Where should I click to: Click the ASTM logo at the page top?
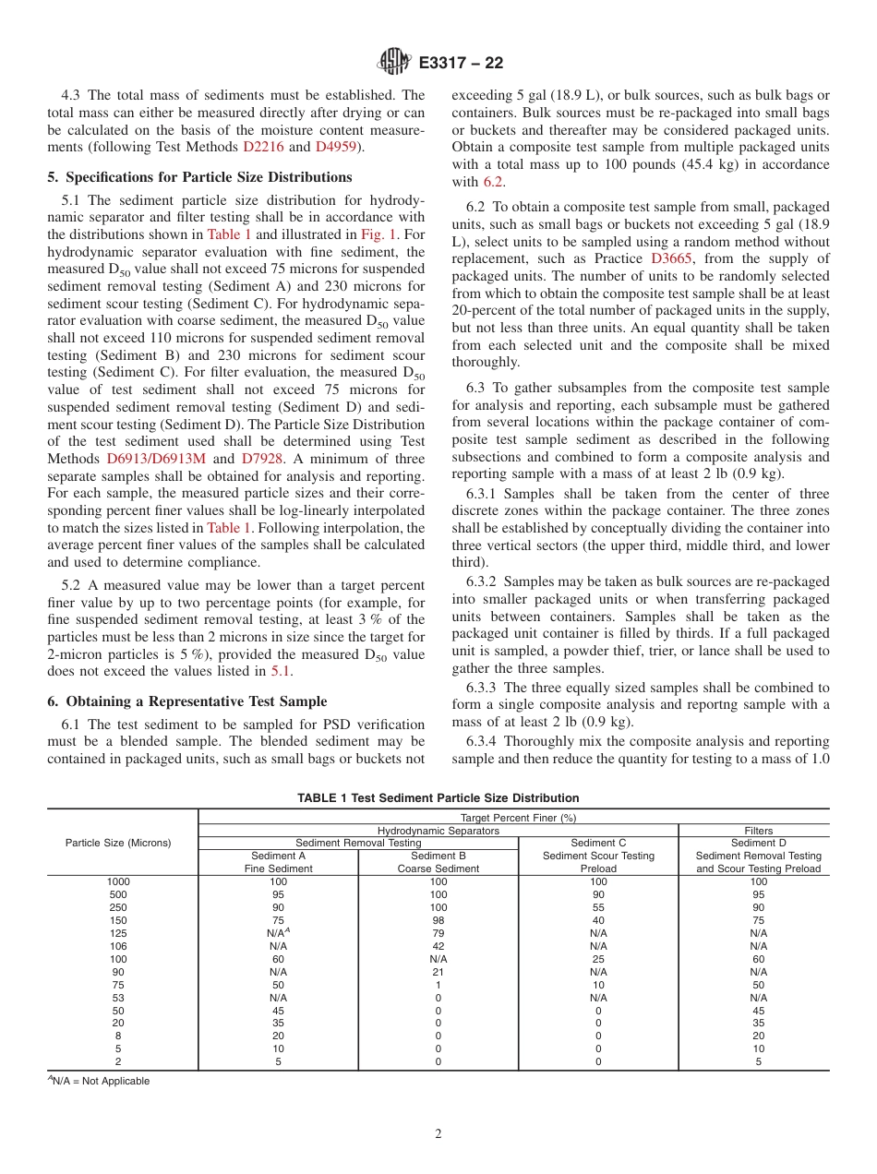(x=394, y=63)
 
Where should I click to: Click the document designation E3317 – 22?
(x=461, y=64)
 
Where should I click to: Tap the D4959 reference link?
(x=336, y=146)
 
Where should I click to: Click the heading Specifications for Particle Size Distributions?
(x=199, y=176)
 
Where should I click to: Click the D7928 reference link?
(x=263, y=459)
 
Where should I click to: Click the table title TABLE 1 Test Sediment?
(x=438, y=797)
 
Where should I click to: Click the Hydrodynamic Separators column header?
(x=438, y=831)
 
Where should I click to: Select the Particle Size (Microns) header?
(x=118, y=843)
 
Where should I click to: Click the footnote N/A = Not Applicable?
(x=100, y=1081)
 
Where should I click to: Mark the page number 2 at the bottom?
(x=438, y=1134)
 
